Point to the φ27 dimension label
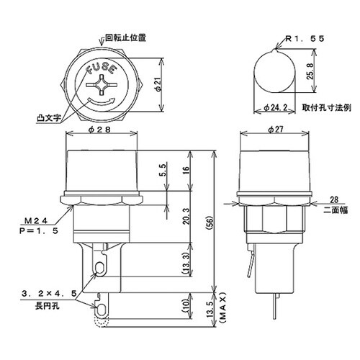coord(274,130)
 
